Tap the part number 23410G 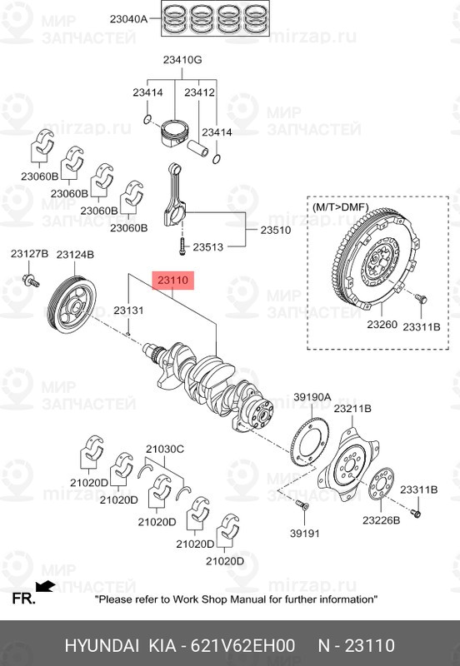(x=181, y=60)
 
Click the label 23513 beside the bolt (x=209, y=246)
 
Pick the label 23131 (x=129, y=310)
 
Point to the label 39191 (x=305, y=534)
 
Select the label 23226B (x=381, y=519)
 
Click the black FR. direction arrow (x=45, y=587)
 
